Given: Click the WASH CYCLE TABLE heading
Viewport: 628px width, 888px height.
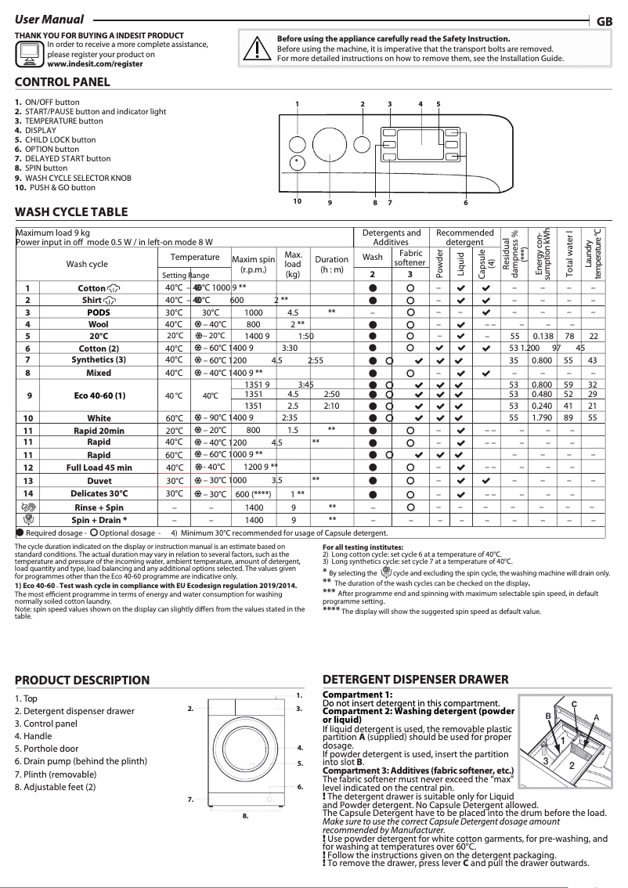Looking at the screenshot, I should (71, 211).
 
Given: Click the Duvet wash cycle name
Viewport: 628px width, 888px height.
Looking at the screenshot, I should (99, 480).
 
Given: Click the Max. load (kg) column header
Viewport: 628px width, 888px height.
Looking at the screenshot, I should (293, 265).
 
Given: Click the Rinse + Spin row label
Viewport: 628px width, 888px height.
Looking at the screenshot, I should (99, 507).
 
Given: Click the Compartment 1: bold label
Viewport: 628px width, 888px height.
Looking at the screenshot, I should (358, 695).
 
